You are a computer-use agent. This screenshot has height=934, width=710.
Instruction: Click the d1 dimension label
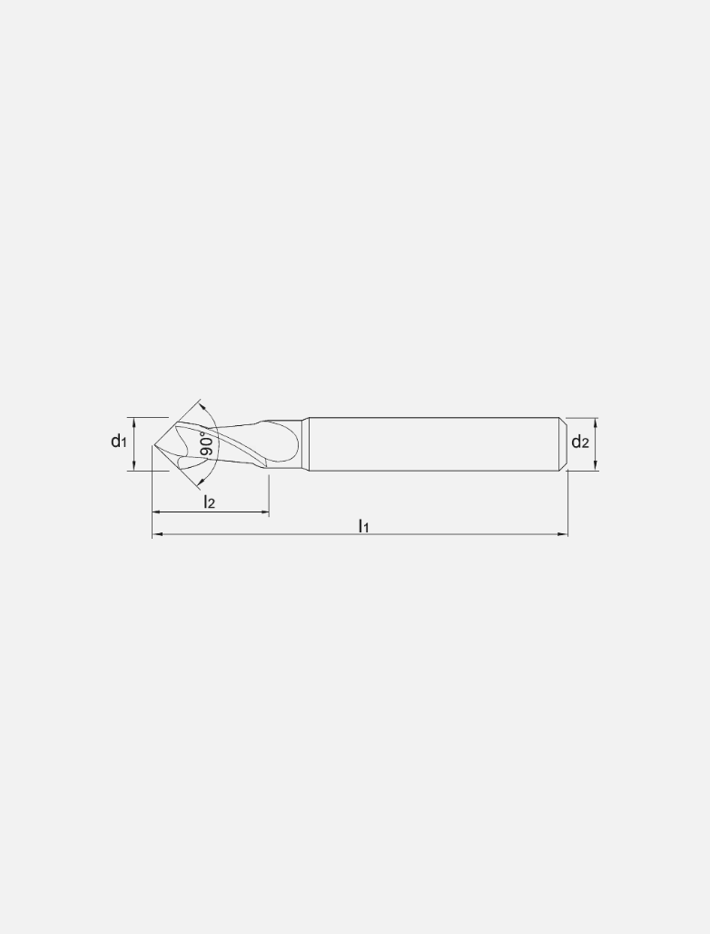pyautogui.click(x=118, y=442)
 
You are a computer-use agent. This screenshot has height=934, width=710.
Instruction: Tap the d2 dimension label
pyautogui.click(x=580, y=442)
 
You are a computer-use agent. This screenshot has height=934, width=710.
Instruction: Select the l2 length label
pyautogui.click(x=210, y=502)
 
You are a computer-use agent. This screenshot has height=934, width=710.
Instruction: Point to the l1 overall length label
pyautogui.click(x=363, y=524)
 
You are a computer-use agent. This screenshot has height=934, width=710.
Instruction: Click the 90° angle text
pyautogui.click(x=207, y=444)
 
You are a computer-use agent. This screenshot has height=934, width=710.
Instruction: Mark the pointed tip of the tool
pyautogui.click(x=153, y=444)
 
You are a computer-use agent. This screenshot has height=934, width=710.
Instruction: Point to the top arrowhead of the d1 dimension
pyautogui.click(x=134, y=422)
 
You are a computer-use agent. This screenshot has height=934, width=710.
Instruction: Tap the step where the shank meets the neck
pyautogui.click(x=305, y=444)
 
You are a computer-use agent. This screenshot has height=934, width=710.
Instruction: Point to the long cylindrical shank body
pyautogui.click(x=431, y=444)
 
